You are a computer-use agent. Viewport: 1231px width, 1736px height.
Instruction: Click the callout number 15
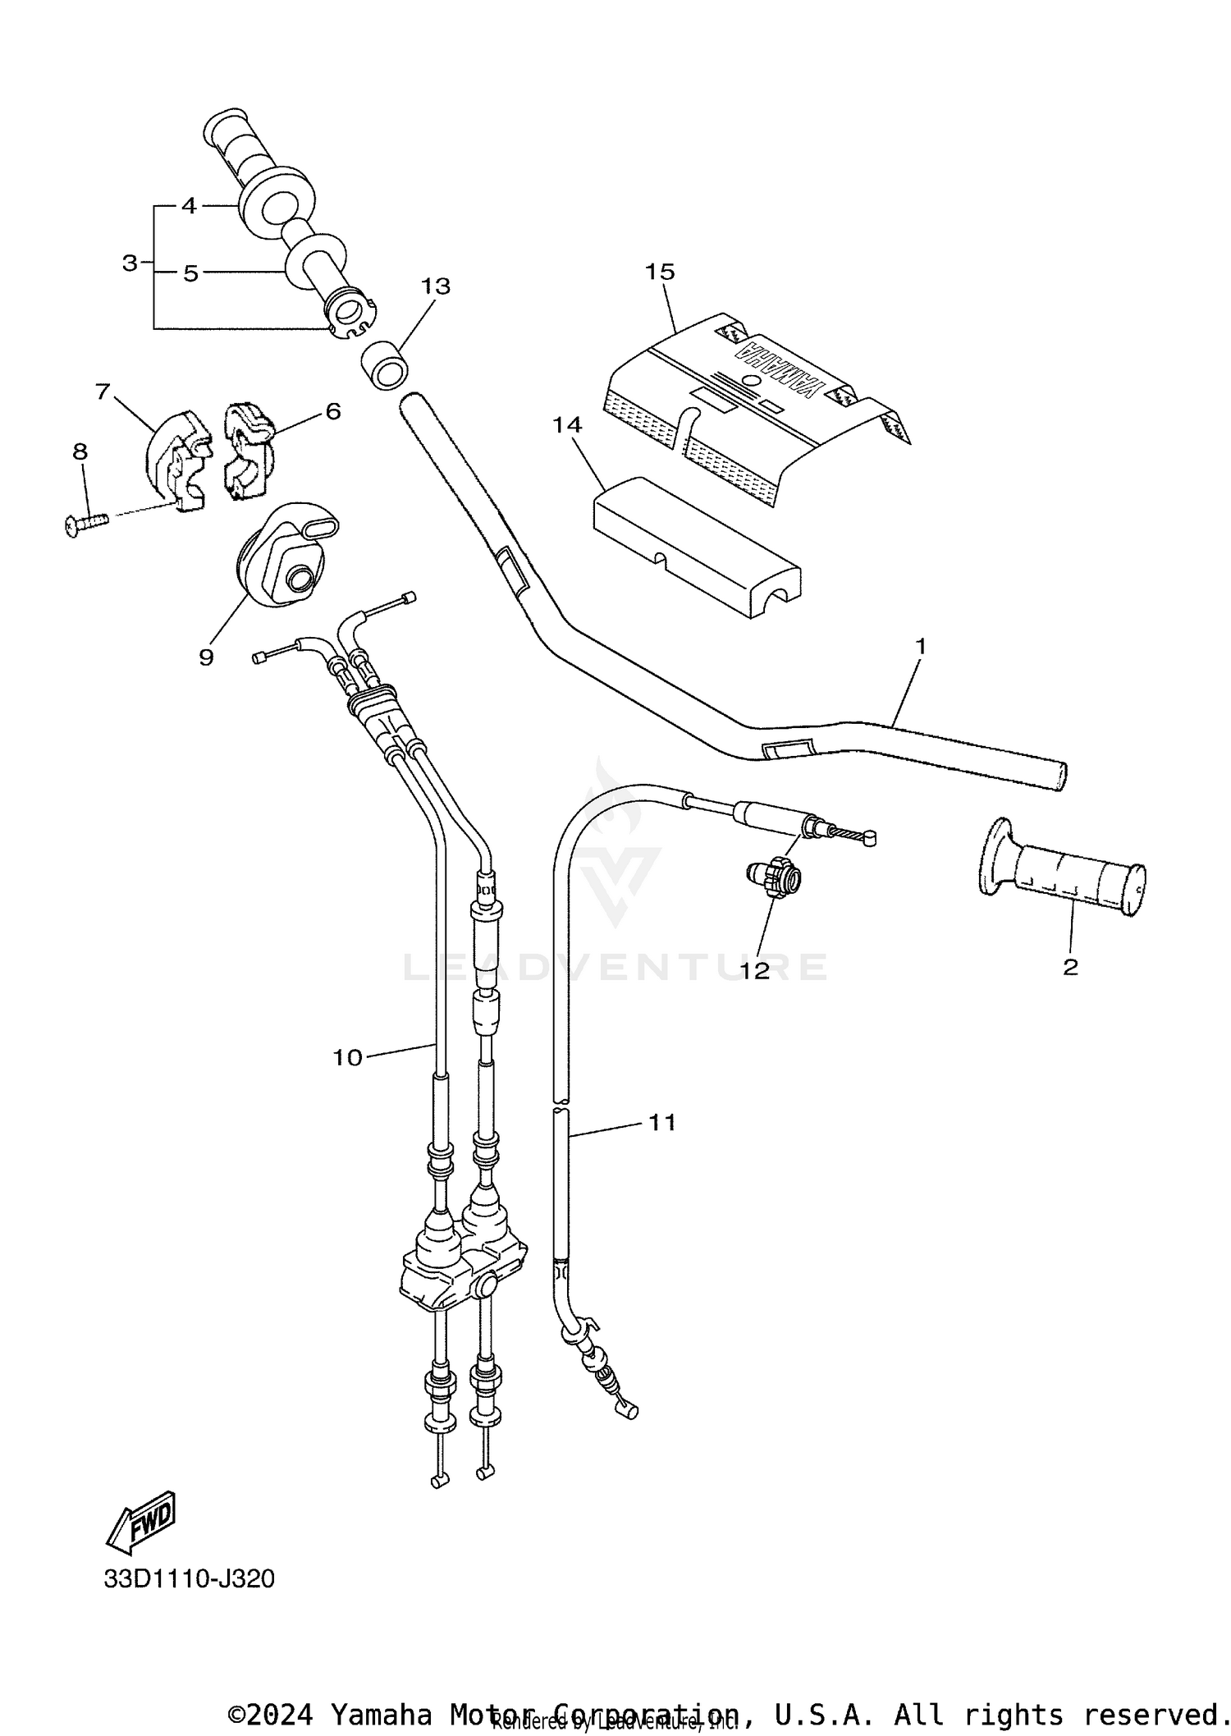(x=659, y=272)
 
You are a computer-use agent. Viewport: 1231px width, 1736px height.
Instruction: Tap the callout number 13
(x=436, y=286)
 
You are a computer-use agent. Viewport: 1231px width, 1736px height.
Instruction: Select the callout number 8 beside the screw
(x=80, y=451)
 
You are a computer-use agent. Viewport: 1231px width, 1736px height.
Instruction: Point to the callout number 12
(x=755, y=971)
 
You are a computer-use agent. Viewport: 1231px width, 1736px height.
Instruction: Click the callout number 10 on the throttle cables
(x=346, y=1058)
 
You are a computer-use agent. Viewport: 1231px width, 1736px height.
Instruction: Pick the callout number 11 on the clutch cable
(x=662, y=1122)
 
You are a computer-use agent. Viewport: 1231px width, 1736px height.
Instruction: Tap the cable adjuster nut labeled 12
(x=775, y=882)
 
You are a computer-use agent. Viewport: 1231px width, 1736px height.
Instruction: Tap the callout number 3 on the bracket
(x=129, y=263)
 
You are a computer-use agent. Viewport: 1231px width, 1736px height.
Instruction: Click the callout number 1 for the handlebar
(x=920, y=647)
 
